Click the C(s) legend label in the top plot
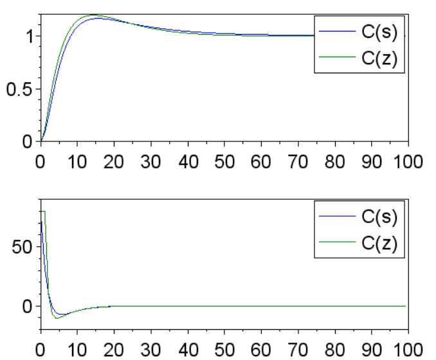click(x=379, y=32)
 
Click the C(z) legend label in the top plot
click(x=379, y=59)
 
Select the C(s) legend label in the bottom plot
click(x=379, y=217)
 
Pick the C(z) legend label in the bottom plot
click(x=379, y=243)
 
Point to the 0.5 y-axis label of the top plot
click(x=19, y=89)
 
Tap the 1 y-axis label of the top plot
click(x=30, y=37)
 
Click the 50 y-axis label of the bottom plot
click(x=22, y=247)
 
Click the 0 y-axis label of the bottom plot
click(x=28, y=307)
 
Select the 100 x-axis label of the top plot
click(x=408, y=161)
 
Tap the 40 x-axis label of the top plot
click(x=188, y=161)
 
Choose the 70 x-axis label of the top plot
click(x=298, y=161)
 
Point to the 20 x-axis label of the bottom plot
click(x=114, y=350)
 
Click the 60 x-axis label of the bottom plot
click(x=261, y=350)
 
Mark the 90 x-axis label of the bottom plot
click(x=372, y=350)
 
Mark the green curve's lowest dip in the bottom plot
click(x=57, y=318)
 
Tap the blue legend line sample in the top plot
click(x=337, y=31)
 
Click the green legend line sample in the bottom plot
click(x=337, y=242)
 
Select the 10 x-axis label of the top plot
click(x=77, y=161)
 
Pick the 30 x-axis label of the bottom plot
click(x=150, y=350)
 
